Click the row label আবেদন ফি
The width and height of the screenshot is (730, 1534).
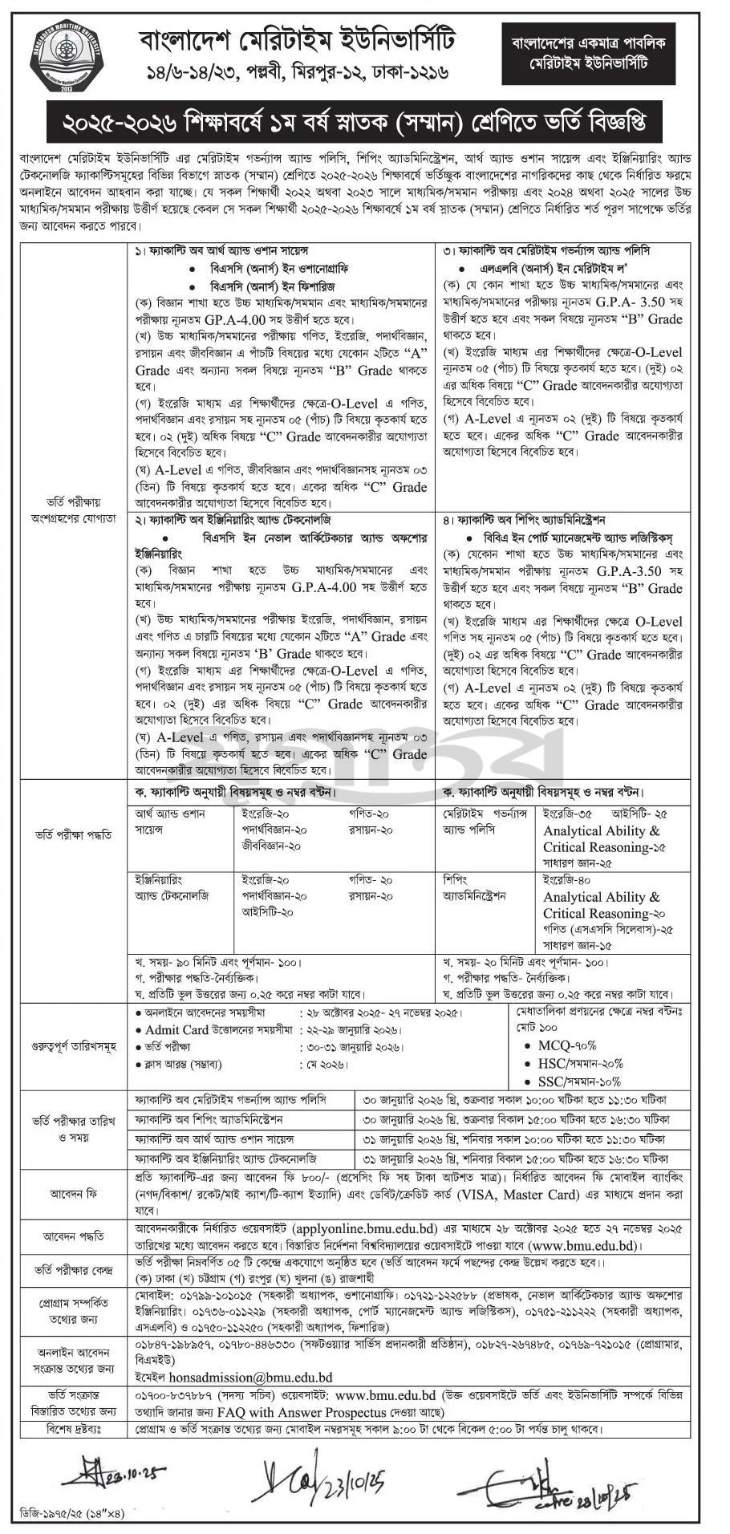click(74, 1193)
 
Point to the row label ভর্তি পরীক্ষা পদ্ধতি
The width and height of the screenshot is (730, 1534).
click(74, 834)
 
